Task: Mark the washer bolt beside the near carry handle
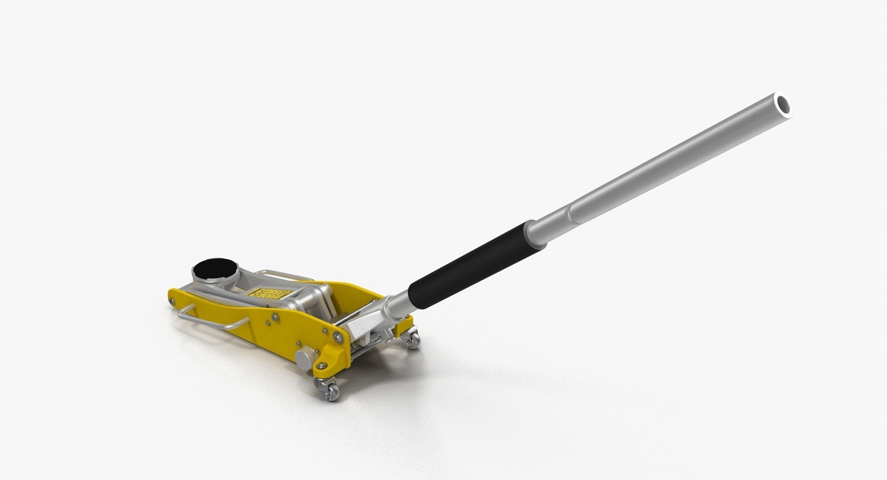coord(275,316)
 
